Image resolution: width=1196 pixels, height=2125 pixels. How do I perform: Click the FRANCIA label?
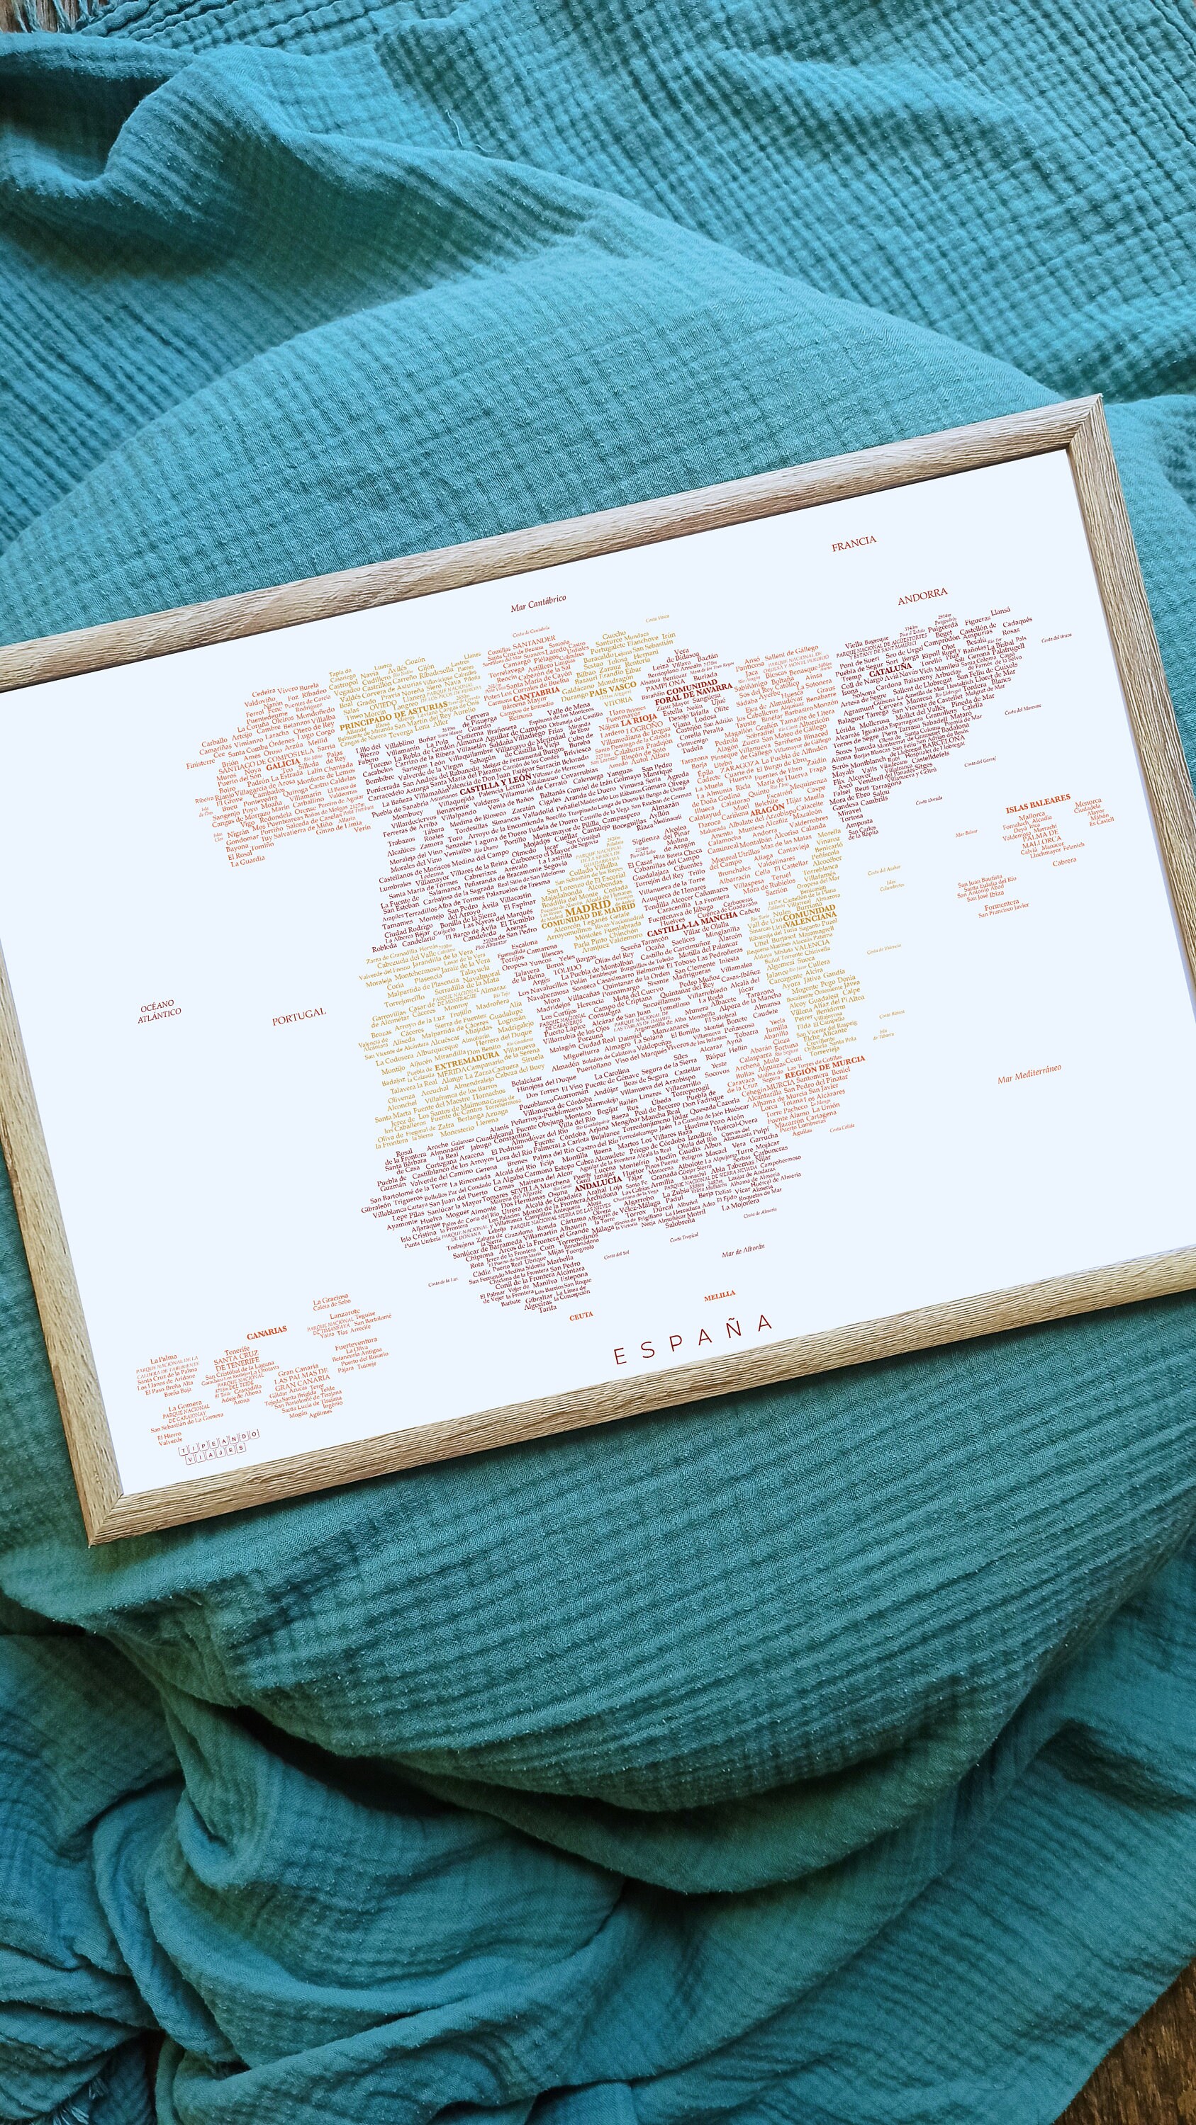click(854, 543)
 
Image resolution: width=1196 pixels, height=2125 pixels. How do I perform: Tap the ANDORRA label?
click(922, 593)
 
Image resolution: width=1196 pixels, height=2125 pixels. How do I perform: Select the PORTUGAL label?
click(298, 1016)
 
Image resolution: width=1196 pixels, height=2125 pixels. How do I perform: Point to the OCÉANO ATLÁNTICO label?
click(159, 1011)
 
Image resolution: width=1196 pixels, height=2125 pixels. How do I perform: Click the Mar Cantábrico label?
click(538, 603)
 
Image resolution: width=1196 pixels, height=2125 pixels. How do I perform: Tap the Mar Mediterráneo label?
click(1029, 1073)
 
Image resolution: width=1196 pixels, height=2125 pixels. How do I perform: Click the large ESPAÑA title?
click(693, 1352)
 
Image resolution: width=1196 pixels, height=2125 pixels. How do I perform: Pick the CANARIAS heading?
click(267, 1330)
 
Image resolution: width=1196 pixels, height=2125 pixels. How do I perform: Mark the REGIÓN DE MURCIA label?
click(825, 1065)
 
